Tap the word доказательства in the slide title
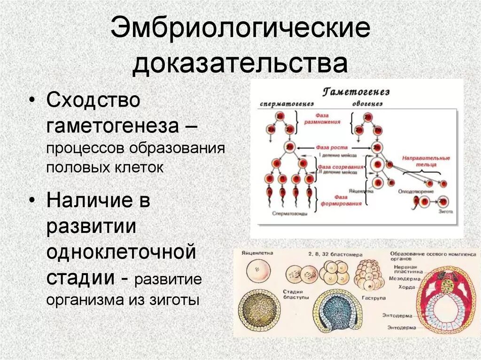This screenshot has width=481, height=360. (240, 64)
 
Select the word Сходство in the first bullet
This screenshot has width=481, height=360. (93, 101)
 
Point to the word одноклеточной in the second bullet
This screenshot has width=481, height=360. (121, 253)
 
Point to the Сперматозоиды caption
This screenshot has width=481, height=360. (290, 213)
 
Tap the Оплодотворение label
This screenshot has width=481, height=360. (412, 191)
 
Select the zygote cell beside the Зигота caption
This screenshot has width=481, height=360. (443, 201)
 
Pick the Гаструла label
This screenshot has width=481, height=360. (374, 297)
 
